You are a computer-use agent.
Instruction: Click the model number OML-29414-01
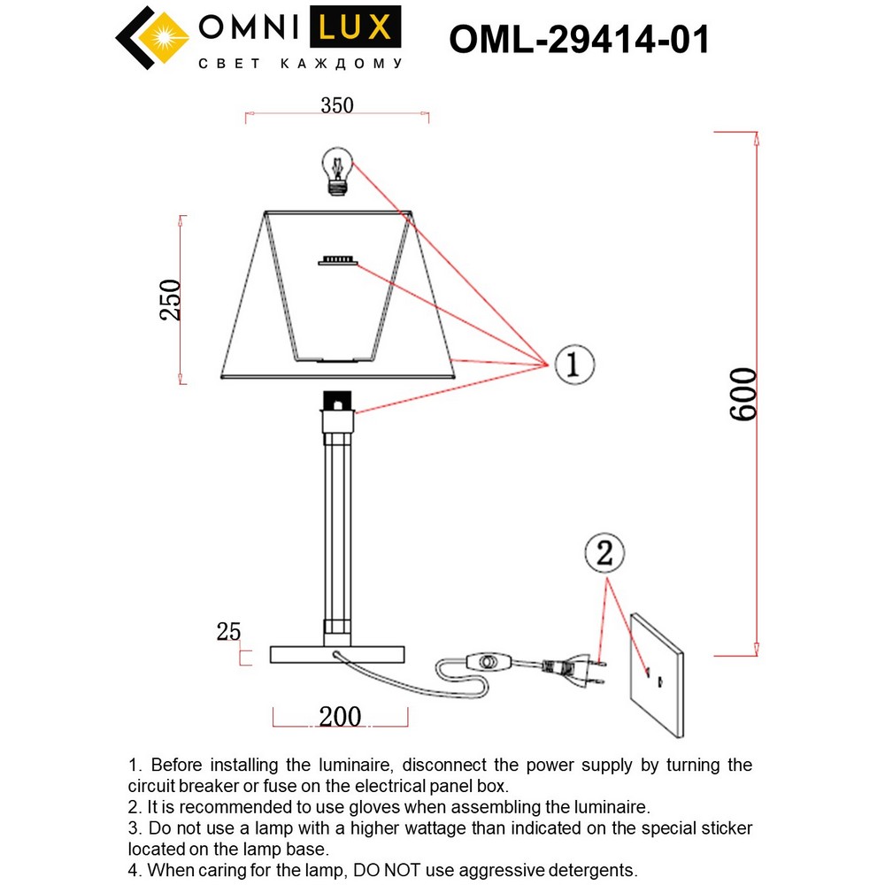pos(579,40)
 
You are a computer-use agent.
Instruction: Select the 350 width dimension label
pos(336,105)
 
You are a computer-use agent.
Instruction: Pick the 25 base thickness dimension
pos(228,632)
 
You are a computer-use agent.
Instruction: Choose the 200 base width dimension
pos(340,716)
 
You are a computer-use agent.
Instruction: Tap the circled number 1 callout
pos(573,363)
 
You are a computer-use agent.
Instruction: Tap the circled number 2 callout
pos(604,554)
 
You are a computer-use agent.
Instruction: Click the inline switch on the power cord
pos(485,661)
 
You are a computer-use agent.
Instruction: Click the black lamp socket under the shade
pos(337,403)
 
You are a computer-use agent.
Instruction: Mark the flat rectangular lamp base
pos(337,655)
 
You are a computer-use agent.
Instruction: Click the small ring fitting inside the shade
pos(337,260)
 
